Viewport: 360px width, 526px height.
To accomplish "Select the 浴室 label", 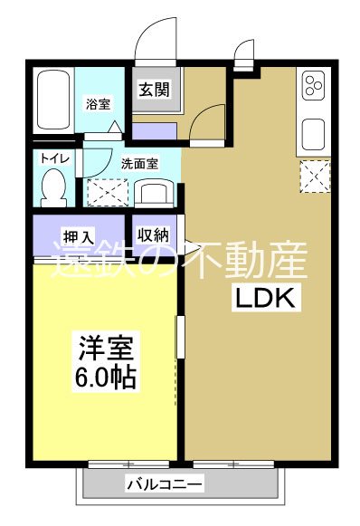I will click(99, 104).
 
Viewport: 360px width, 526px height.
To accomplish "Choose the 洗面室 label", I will click(139, 164).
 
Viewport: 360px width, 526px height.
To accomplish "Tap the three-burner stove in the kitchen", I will click(313, 87).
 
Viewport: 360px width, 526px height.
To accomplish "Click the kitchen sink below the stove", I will click(313, 133).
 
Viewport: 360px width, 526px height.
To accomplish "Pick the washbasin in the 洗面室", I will click(156, 192).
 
